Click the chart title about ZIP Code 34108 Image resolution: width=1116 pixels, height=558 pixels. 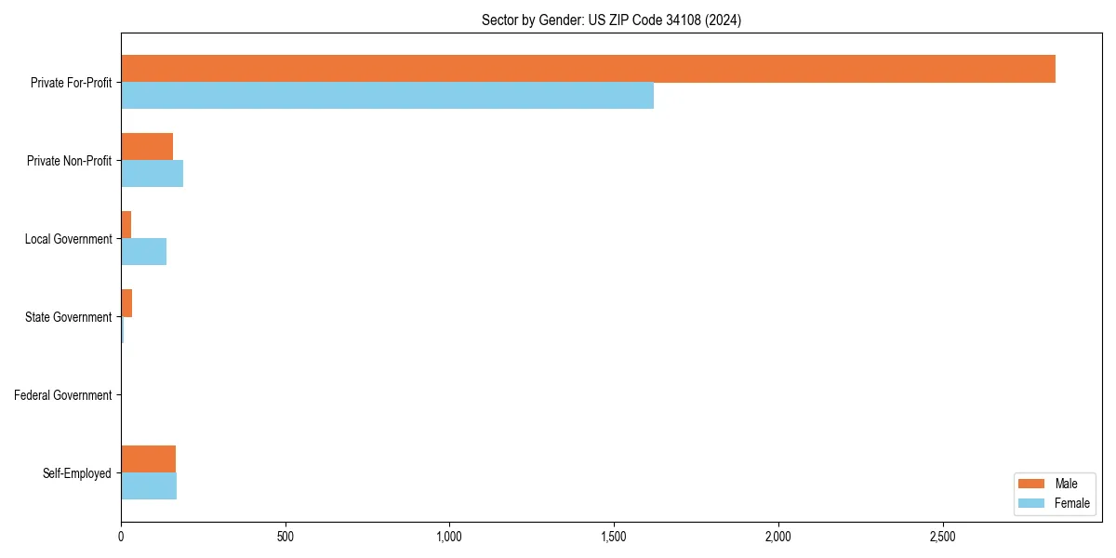click(x=611, y=20)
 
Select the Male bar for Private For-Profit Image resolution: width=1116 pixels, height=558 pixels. click(x=588, y=69)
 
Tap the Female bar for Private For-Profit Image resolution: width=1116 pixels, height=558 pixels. click(x=387, y=96)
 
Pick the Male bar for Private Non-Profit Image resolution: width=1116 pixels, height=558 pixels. click(x=147, y=147)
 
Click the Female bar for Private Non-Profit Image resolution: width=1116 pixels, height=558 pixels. click(x=152, y=174)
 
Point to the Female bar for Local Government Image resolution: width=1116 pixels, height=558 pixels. click(x=143, y=252)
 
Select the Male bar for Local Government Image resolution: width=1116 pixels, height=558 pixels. click(x=126, y=225)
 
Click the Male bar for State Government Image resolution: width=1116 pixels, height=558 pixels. click(x=126, y=303)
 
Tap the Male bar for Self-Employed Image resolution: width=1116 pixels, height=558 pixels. click(x=148, y=459)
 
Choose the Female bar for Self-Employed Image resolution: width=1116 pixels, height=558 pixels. click(x=149, y=486)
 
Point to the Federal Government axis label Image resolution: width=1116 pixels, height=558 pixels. click(x=63, y=395)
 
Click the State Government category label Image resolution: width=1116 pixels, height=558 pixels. click(x=68, y=317)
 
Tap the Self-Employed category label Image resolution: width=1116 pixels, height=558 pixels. click(x=76, y=473)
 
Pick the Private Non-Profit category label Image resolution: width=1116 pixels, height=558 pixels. click(x=69, y=161)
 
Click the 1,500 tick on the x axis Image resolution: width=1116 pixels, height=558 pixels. click(x=614, y=537)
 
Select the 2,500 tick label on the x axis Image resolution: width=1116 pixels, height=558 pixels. click(x=942, y=537)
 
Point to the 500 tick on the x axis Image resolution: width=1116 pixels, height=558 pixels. click(x=286, y=537)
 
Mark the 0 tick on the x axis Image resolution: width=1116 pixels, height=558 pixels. click(x=121, y=537)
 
